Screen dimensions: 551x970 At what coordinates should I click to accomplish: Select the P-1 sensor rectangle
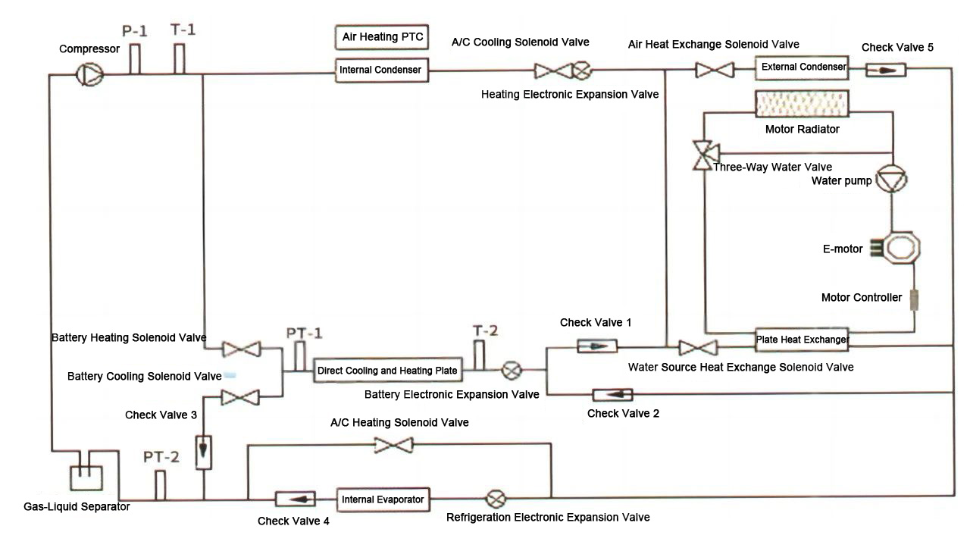[x=135, y=59]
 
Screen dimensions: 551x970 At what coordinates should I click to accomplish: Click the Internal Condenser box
[x=382, y=70]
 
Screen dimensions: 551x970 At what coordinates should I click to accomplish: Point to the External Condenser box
[x=803, y=67]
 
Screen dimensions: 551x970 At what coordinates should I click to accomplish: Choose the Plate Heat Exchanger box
[x=802, y=340]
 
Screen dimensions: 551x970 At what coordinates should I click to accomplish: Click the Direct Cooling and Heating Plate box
[x=387, y=371]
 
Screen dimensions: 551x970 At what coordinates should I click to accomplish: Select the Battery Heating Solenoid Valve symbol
[x=241, y=349]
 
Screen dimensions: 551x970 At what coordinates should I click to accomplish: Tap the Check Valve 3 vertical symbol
[x=203, y=452]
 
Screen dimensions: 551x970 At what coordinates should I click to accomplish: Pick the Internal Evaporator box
[x=383, y=499]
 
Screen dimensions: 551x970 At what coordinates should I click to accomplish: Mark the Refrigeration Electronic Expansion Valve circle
[x=497, y=499]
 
